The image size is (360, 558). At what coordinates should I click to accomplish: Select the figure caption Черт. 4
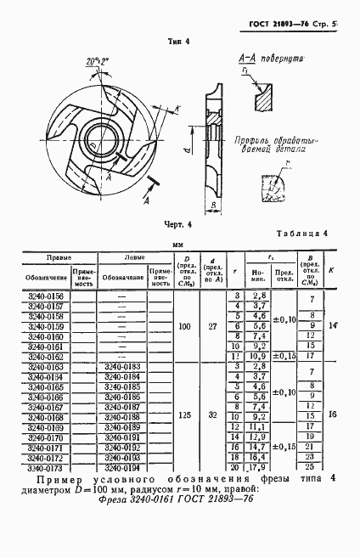coord(179,224)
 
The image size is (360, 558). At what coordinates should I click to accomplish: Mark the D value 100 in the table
coord(184,326)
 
